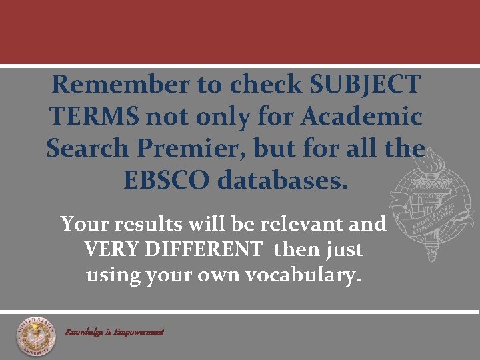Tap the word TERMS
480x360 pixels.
click(x=94, y=117)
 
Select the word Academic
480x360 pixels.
click(x=362, y=117)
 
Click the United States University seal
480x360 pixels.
click(x=37, y=335)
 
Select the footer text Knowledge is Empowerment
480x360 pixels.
click(x=114, y=331)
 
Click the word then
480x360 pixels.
click(x=297, y=250)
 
